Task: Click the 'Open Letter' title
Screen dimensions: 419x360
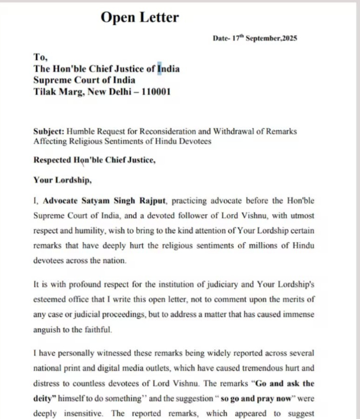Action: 140,18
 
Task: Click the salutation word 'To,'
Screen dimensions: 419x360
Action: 40,57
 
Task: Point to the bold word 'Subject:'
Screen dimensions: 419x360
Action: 49,131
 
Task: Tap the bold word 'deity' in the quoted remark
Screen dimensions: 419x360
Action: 44,399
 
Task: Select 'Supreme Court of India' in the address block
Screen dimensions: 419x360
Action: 84,80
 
